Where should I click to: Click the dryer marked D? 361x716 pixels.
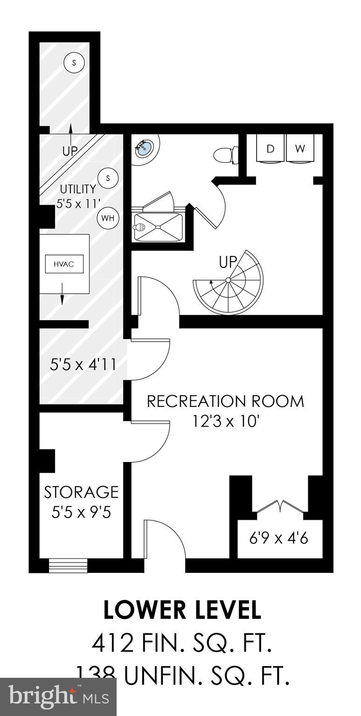(x=270, y=149)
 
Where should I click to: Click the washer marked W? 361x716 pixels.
(x=300, y=149)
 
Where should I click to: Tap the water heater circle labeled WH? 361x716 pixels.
(x=108, y=218)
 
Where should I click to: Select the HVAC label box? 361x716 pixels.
(x=63, y=264)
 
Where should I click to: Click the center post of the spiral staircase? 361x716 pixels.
(x=228, y=280)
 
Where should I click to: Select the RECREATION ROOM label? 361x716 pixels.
(x=225, y=401)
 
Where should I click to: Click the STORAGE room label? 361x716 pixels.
(x=81, y=492)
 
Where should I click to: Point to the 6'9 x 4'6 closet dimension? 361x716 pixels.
(x=279, y=538)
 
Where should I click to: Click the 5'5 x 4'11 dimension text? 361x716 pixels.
(x=83, y=364)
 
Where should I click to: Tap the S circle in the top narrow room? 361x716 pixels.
(x=74, y=62)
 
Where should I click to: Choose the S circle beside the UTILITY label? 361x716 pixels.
(x=108, y=178)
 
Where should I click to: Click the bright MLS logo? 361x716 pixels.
(x=58, y=697)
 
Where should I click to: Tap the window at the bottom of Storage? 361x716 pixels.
(x=68, y=565)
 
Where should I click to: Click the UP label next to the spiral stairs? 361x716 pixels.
(x=228, y=262)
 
